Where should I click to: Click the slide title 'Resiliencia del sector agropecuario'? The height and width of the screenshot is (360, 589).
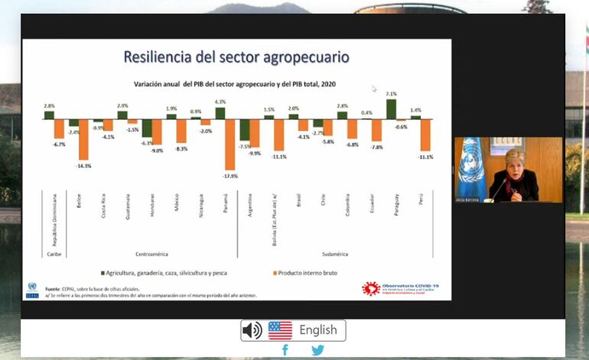pos(236,57)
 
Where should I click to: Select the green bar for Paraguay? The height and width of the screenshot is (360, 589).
pos(391,109)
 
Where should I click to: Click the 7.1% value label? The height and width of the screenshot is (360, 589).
pos(391,94)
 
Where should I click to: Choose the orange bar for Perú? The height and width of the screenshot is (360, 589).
pos(427,135)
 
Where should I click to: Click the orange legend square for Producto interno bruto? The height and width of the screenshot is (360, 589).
pos(272,272)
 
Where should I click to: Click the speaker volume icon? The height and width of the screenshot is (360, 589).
pos(252,330)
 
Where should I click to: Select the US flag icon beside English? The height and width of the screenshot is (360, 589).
pos(280,330)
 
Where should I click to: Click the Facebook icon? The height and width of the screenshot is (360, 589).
pos(285,350)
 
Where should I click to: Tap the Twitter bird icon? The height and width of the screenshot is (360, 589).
pos(317,350)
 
